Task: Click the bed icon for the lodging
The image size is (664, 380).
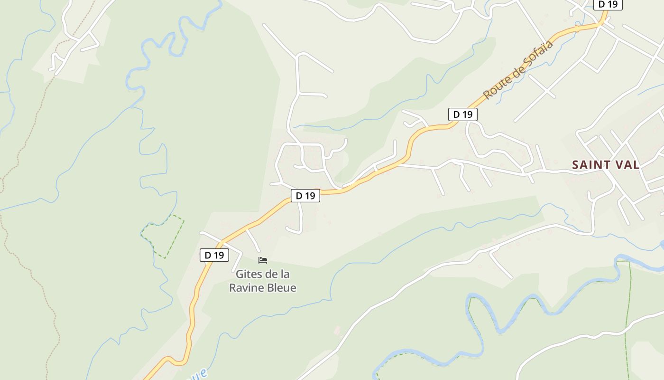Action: [263, 260]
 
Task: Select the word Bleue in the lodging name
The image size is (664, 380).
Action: [281, 288]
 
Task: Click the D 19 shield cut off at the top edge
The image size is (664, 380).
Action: [608, 4]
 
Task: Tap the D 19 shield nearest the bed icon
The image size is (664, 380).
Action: [214, 255]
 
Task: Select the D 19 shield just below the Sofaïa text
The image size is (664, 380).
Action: [462, 114]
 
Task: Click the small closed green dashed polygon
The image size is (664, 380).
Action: [164, 237]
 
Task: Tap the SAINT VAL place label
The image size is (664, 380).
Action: [606, 165]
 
